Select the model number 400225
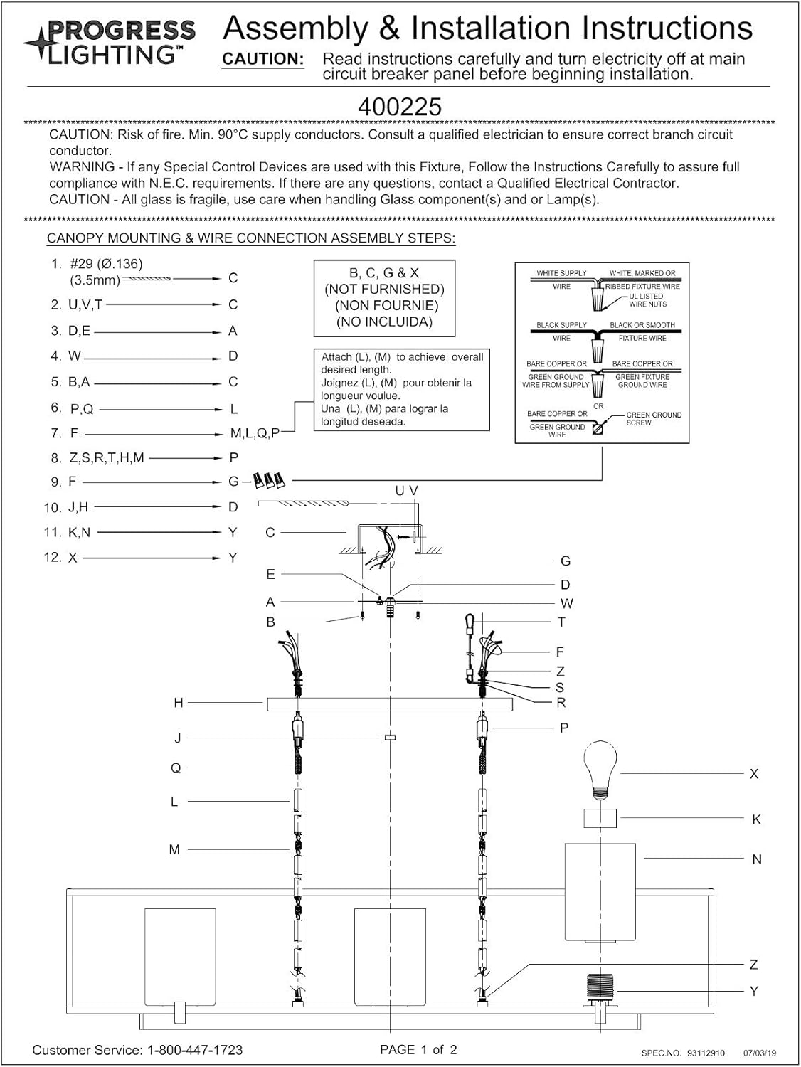400,107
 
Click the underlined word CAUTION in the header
263,59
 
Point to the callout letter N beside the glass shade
757,859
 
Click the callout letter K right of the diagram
756,819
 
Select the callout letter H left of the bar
179,703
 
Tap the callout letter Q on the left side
176,768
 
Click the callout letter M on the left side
174,849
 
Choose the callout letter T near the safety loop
561,622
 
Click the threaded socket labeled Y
600,988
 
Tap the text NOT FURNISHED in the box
384,289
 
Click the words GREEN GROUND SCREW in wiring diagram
653,418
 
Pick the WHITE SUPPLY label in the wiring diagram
561,273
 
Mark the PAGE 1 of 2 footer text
418,1050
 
